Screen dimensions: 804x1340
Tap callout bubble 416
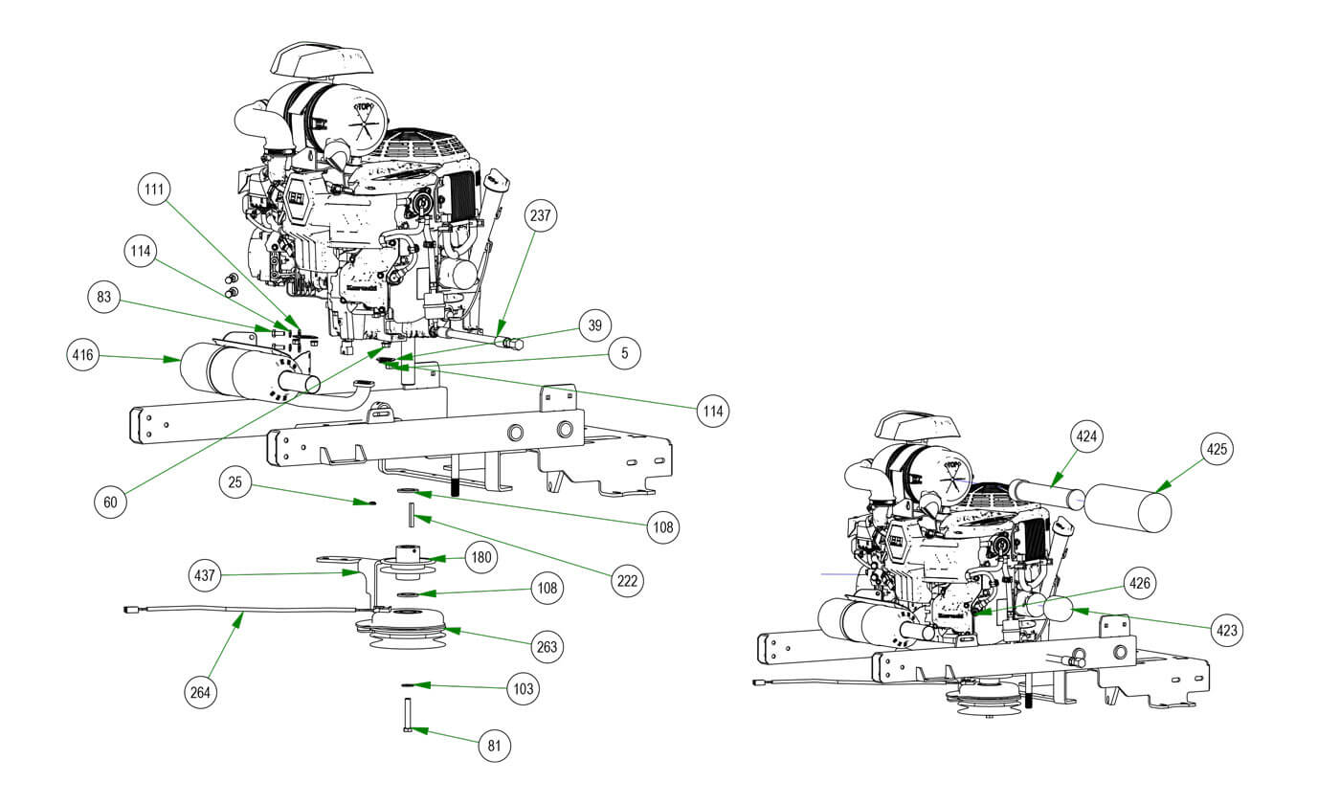[83, 357]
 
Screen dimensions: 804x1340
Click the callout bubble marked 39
[594, 324]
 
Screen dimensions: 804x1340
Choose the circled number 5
[624, 353]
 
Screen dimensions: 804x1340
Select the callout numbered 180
[480, 557]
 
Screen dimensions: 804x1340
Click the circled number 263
[547, 648]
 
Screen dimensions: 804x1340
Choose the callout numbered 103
[525, 687]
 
